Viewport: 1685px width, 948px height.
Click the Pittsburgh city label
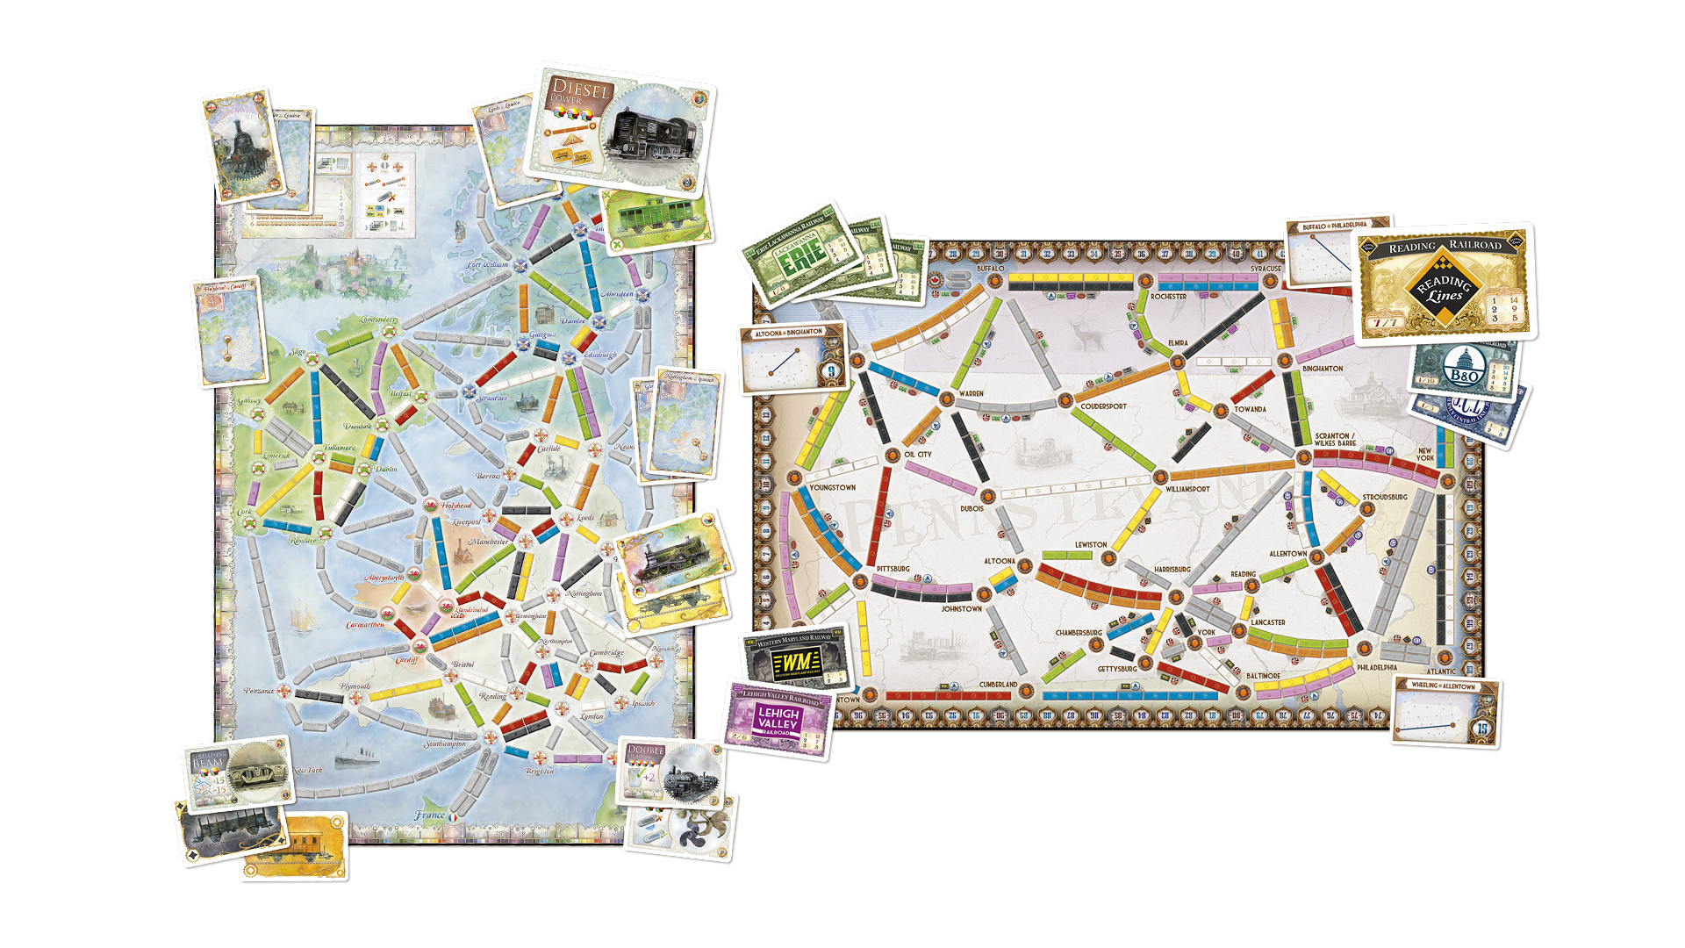(893, 569)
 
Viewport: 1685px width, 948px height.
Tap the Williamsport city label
(1187, 489)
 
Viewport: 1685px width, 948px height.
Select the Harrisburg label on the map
(1172, 570)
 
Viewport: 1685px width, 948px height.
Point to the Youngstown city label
(832, 487)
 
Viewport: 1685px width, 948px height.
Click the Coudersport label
(1103, 406)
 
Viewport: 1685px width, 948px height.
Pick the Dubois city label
(972, 508)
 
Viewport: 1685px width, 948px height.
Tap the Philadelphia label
(1376, 667)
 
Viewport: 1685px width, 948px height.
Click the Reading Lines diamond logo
(1444, 287)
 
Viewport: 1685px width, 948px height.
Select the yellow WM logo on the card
(796, 662)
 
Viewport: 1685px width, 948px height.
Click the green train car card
(656, 219)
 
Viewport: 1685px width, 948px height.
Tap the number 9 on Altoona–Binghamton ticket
(830, 372)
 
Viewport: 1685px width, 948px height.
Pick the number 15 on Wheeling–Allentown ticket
(1482, 728)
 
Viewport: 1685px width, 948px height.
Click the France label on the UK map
(430, 815)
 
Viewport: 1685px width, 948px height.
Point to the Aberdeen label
(619, 294)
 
